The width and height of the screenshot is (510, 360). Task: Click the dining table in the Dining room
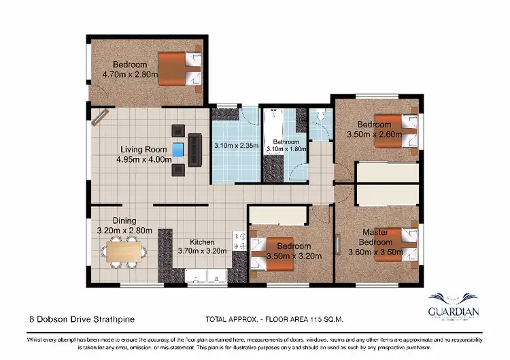(126, 254)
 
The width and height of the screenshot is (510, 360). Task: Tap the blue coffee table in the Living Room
(179, 149)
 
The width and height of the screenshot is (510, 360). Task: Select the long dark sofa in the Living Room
(195, 148)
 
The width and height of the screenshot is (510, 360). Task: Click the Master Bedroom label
(375, 237)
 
